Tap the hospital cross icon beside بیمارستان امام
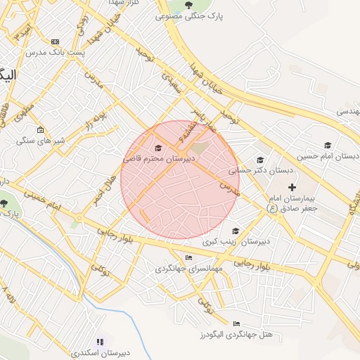tap(292, 186)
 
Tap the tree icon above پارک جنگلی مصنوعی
tap(189, 6)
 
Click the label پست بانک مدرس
tap(55, 53)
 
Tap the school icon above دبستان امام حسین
tap(327, 146)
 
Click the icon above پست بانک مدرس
tap(55, 42)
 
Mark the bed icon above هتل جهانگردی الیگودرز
tap(236, 323)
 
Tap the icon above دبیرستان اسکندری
tap(100, 342)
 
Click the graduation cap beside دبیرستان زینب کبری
tap(235, 231)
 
